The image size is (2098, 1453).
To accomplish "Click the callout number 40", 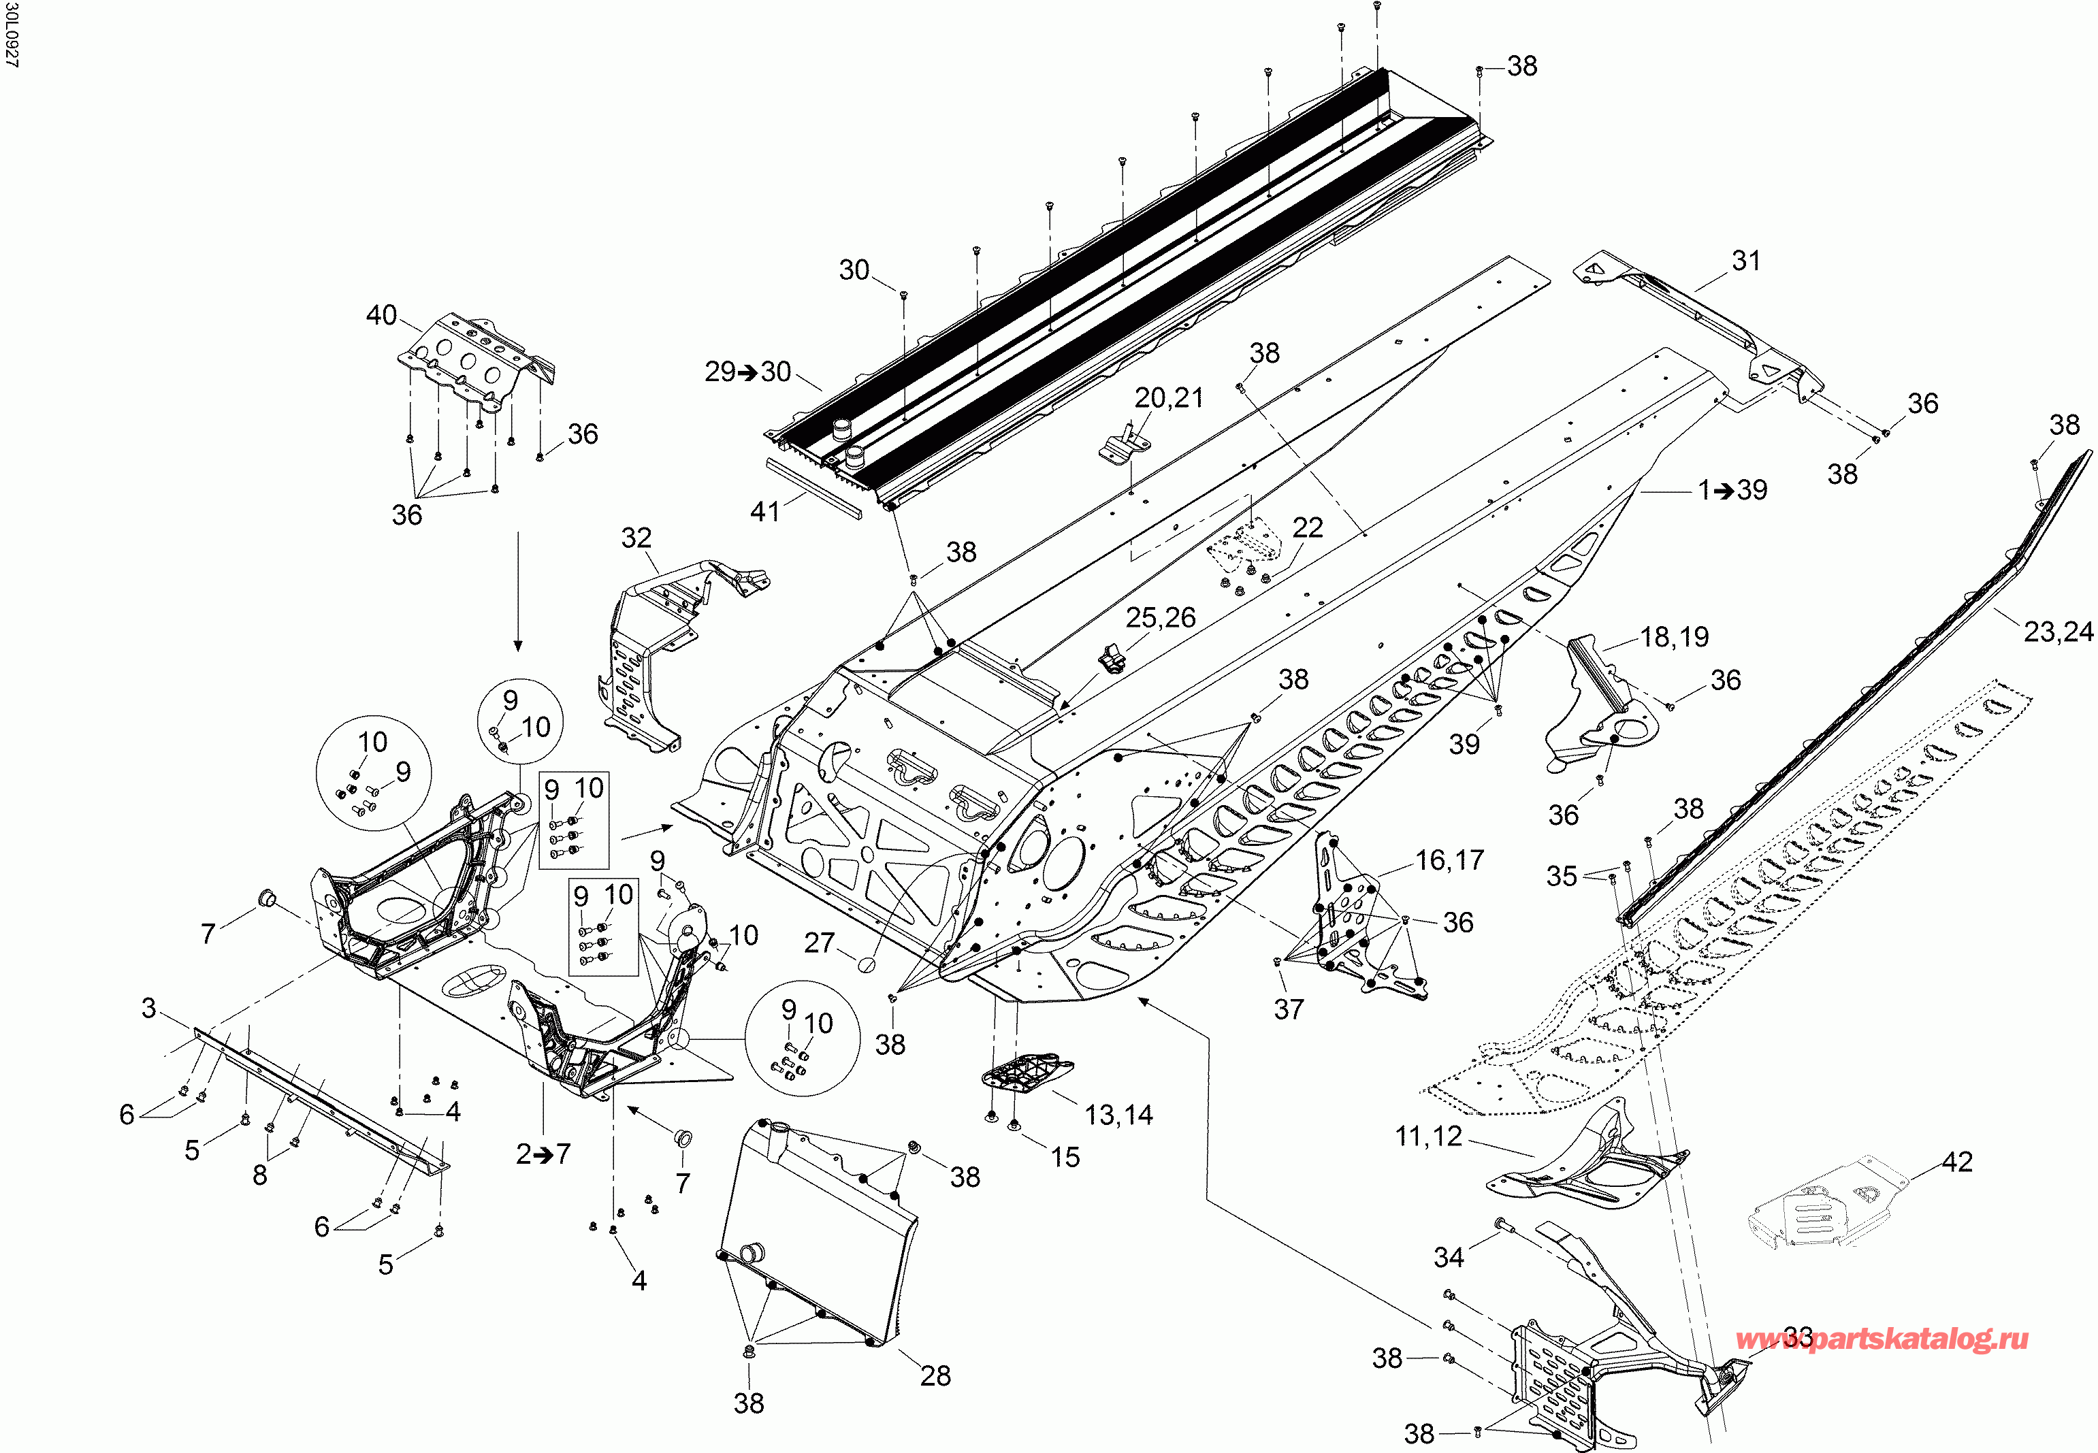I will point(381,315).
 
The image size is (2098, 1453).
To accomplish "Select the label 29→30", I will point(747,372).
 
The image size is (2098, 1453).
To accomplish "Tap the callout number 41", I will point(765,512).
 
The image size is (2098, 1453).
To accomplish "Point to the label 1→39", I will point(1732,490).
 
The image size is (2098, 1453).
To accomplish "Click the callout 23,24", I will point(2058,631).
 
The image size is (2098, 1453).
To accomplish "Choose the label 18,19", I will point(1674,636).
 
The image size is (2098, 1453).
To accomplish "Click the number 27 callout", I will point(820,943).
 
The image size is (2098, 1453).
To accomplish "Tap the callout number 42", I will point(1957,1162).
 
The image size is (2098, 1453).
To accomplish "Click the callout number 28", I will point(935,1375).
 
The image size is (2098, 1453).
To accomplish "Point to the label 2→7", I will point(543,1154).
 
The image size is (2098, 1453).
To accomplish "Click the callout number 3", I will point(149,1008).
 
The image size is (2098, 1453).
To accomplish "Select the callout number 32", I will point(636,538).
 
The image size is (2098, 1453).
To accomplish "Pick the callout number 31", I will point(1745,261).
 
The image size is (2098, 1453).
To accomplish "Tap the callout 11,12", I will point(1427,1135).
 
